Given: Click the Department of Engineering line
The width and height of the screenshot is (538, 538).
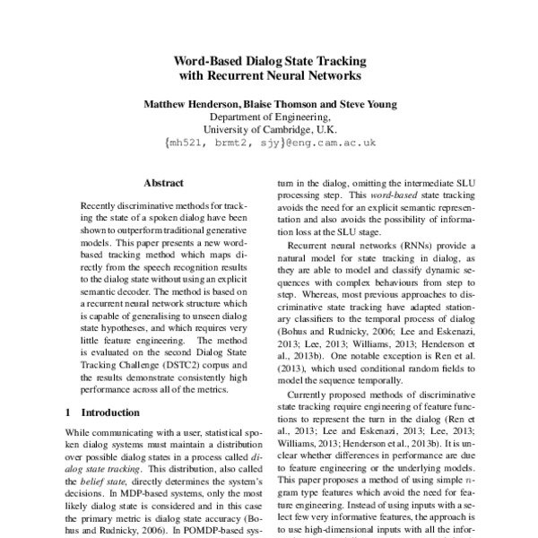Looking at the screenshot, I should click(269, 117).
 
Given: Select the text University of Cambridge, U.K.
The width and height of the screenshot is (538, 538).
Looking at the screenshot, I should click(269, 129).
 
